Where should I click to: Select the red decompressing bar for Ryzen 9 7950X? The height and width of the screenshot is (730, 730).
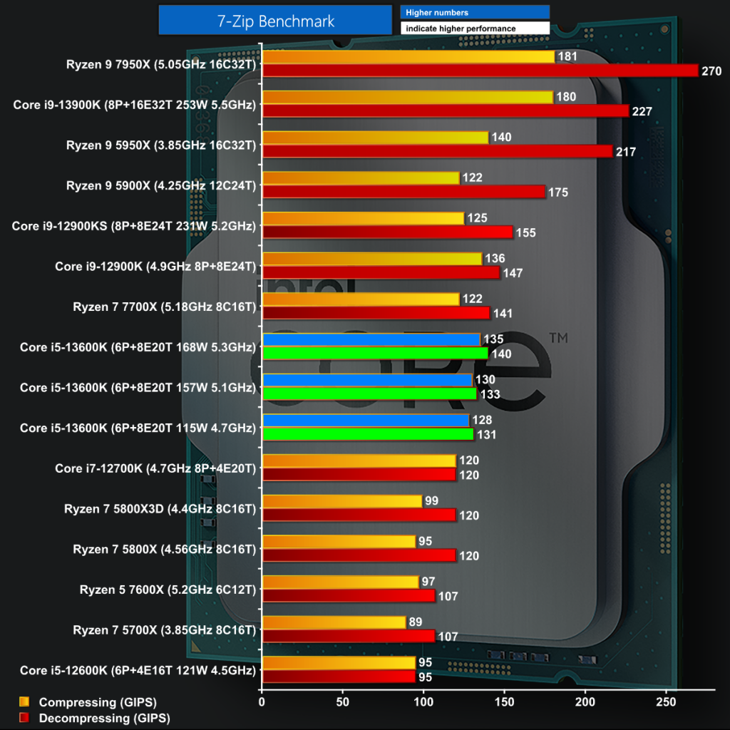coord(480,71)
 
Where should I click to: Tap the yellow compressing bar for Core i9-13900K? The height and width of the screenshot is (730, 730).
coord(408,97)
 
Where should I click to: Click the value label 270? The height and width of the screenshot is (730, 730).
coord(711,71)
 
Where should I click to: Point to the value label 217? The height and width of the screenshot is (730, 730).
coord(626,152)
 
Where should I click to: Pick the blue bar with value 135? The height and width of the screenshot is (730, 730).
coord(371,339)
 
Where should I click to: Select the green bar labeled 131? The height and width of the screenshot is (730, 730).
coord(368,434)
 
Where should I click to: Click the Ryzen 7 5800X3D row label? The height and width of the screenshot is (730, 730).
coord(160,508)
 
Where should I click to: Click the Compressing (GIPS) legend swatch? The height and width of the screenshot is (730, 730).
coord(24,702)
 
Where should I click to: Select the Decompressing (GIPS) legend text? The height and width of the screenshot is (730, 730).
coord(105,718)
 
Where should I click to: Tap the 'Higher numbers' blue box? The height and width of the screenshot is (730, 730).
coord(475,12)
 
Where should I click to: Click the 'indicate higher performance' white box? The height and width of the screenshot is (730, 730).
coord(475,29)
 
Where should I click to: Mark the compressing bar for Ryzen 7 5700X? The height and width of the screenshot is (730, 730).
coord(334,622)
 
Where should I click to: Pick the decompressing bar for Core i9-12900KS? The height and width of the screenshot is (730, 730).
coord(387,232)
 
